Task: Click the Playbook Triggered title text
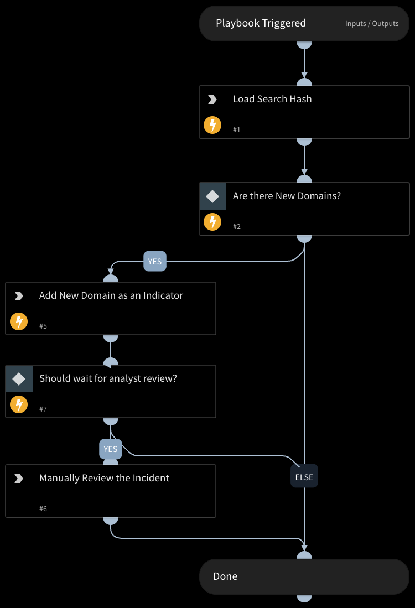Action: pos(261,23)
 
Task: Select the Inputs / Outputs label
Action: pos(372,24)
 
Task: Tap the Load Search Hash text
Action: pos(272,99)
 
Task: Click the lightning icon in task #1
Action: pos(212,125)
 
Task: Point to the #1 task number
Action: pos(237,130)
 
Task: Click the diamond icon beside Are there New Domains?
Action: pos(212,196)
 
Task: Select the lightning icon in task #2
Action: pos(212,222)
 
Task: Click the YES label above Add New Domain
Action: pos(155,262)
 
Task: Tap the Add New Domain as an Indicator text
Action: pos(111,295)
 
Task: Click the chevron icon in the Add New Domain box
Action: pos(19,296)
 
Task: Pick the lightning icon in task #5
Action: pos(19,321)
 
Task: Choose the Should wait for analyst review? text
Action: pos(108,378)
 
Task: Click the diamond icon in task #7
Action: pos(19,379)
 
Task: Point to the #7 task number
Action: pos(43,409)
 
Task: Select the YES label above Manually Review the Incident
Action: pos(111,449)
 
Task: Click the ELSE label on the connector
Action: pos(304,477)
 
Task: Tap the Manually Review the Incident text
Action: pos(104,478)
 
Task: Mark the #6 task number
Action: pos(43,509)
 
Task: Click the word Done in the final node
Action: pos(225,576)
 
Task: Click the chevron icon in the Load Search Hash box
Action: pos(212,100)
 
